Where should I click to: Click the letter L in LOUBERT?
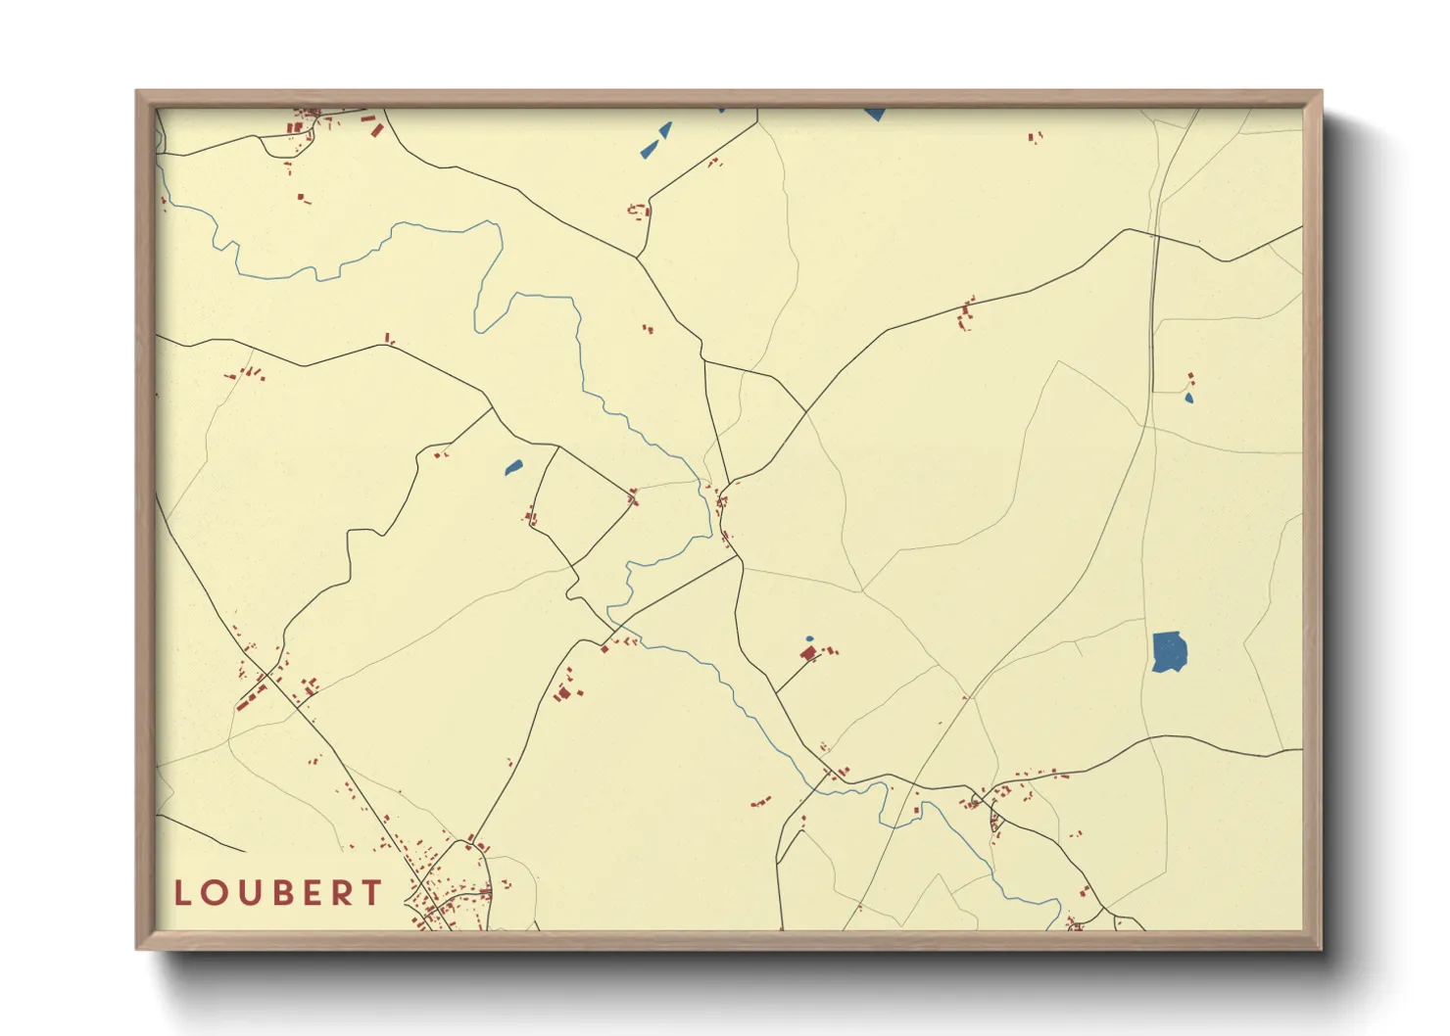pyautogui.click(x=183, y=893)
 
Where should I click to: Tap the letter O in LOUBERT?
pyautogui.click(x=214, y=893)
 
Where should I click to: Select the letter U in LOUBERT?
pyautogui.click(x=246, y=893)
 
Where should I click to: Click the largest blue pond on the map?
pyautogui.click(x=1170, y=652)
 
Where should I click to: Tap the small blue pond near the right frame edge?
pyautogui.click(x=1189, y=398)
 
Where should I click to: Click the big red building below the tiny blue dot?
pyautogui.click(x=808, y=652)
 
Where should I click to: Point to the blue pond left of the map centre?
pyautogui.click(x=513, y=467)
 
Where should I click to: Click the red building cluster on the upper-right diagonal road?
pyautogui.click(x=966, y=314)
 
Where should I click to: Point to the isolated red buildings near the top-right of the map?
pyautogui.click(x=1035, y=138)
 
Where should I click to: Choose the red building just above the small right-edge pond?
pyautogui.click(x=1190, y=378)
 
